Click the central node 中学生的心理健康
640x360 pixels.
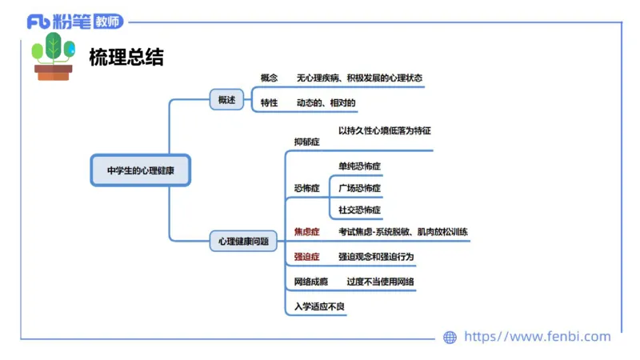(141, 170)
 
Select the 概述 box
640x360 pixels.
(226, 100)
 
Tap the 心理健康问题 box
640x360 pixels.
(243, 240)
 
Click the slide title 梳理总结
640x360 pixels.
(126, 57)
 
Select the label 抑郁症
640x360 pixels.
(306, 142)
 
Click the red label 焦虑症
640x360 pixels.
(306, 232)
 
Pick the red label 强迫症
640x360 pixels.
(306, 257)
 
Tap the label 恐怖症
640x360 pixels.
(306, 189)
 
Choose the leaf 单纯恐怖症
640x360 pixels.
(359, 166)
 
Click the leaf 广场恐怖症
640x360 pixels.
(359, 189)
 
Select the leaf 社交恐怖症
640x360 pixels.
(359, 210)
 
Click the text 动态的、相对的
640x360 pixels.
(326, 103)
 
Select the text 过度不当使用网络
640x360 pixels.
(380, 282)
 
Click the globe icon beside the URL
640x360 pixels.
(450, 338)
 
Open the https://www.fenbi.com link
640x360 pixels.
(537, 337)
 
